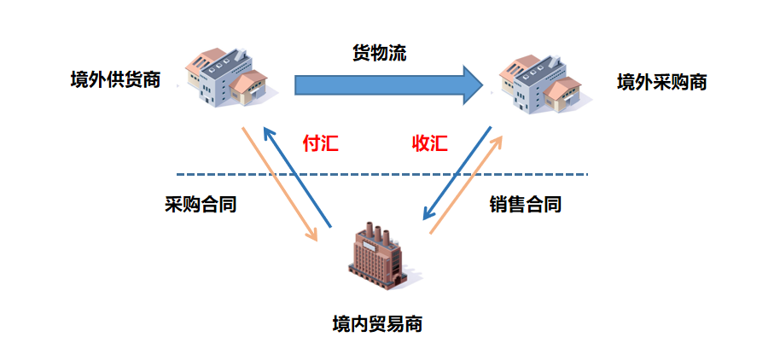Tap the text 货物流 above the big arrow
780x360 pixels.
tap(380, 53)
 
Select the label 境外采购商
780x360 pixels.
tap(661, 82)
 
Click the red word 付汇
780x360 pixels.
tap(321, 143)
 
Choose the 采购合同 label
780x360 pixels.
tap(201, 205)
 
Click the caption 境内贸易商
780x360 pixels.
tap(377, 324)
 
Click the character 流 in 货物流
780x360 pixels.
tap(396, 53)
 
